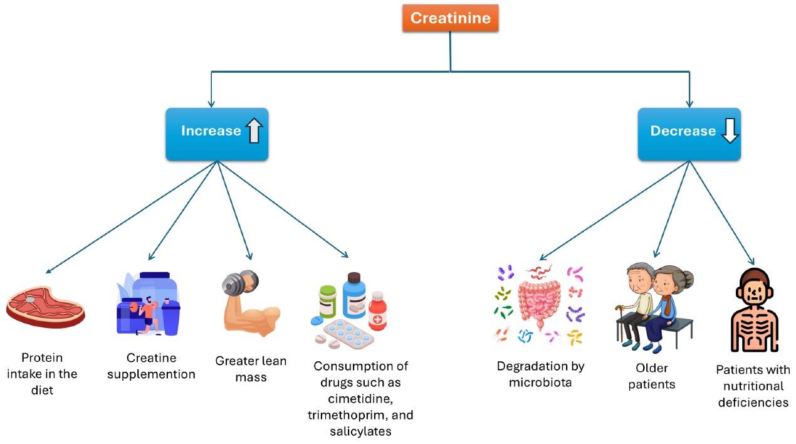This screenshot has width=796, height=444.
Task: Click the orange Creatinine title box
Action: point(450,18)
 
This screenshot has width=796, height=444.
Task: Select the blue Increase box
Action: point(217,134)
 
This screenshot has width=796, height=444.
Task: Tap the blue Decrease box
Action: point(689,134)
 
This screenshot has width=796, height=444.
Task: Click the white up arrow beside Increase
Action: point(254,131)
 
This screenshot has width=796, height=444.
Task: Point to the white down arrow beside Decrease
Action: point(729,131)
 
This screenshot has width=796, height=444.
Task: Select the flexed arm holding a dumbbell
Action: point(249,304)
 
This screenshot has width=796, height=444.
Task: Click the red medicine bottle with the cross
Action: point(377,311)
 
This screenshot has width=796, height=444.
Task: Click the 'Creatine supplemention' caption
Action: point(151,366)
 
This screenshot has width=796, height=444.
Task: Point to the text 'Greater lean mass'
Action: point(251,369)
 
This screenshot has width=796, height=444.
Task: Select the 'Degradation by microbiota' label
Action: point(540,374)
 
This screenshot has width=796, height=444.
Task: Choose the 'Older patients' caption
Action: point(652,376)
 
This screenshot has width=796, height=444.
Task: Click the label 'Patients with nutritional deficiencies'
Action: point(753,386)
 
